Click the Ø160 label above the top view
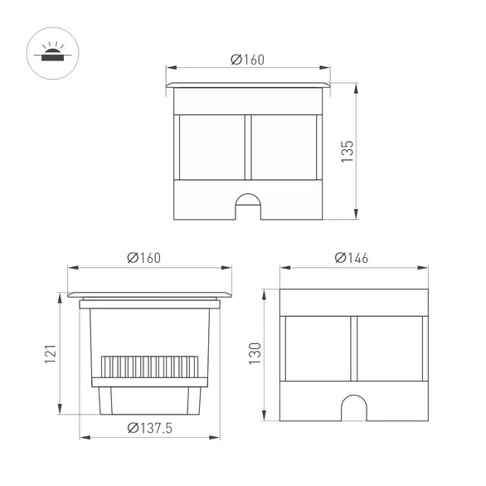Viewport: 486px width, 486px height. click(247, 59)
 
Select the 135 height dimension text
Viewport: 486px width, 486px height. click(348, 152)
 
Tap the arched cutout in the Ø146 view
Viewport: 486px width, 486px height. click(352, 405)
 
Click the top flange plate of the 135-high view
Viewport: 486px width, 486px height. click(247, 85)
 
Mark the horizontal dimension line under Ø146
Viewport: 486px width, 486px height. click(352, 268)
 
